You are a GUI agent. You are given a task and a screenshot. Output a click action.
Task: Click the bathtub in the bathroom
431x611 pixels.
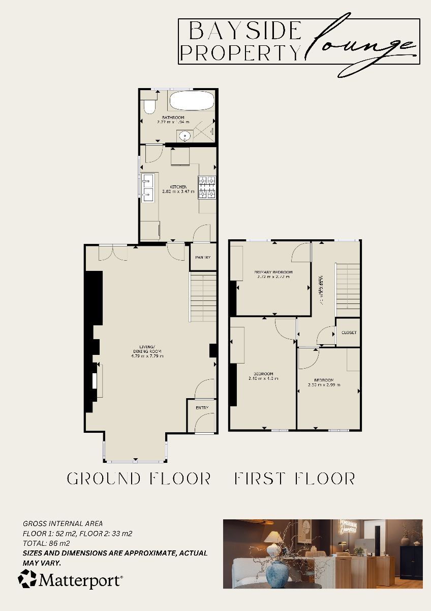coord(192,100)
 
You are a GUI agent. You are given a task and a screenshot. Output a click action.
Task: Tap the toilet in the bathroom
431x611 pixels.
coord(149,106)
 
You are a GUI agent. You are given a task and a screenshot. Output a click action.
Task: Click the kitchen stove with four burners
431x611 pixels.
coord(207,187)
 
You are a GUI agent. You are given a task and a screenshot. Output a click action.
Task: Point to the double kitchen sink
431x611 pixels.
coord(147,187)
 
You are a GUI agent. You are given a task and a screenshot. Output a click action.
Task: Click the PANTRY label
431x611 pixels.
coord(203,258)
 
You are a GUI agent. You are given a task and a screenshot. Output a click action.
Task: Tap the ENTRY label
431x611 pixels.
coord(202,407)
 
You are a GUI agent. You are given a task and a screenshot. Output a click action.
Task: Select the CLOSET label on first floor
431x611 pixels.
coord(349,332)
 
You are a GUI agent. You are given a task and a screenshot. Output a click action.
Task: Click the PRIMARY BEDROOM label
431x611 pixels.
coord(273,272)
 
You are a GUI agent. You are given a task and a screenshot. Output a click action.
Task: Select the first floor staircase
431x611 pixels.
coord(347,290)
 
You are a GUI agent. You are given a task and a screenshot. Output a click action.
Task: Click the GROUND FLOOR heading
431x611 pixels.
coord(139,479)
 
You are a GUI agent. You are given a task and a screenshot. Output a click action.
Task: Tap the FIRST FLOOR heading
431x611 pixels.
coord(295,479)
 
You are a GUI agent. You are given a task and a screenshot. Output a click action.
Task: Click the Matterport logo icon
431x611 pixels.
coord(27,579)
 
